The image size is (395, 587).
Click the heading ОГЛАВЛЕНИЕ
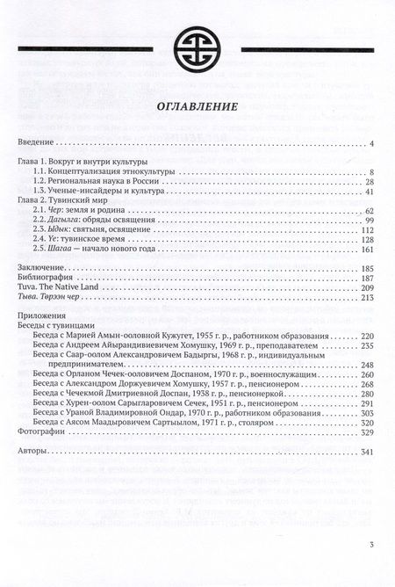(x=197, y=105)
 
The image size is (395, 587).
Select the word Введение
(x=38, y=143)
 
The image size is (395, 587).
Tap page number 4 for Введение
(x=372, y=143)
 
